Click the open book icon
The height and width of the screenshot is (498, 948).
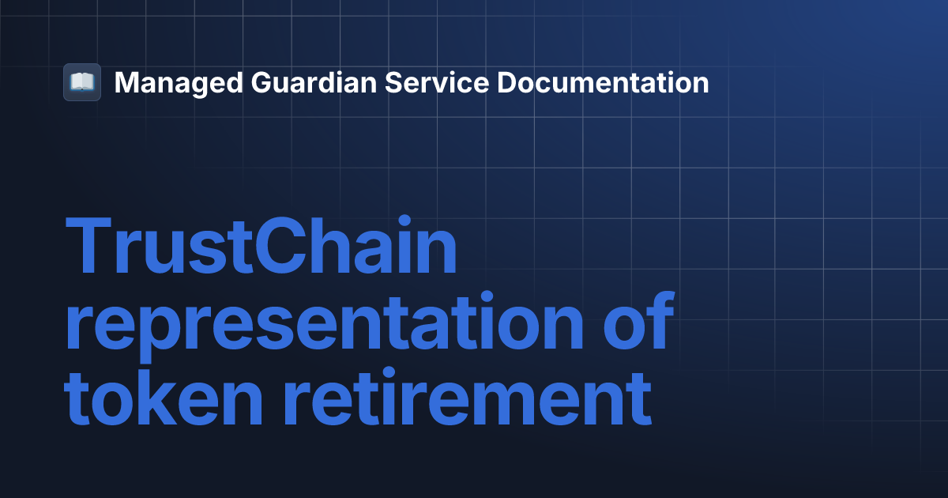click(82, 82)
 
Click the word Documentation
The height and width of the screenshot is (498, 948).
click(603, 83)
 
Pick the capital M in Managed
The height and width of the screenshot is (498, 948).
click(127, 83)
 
